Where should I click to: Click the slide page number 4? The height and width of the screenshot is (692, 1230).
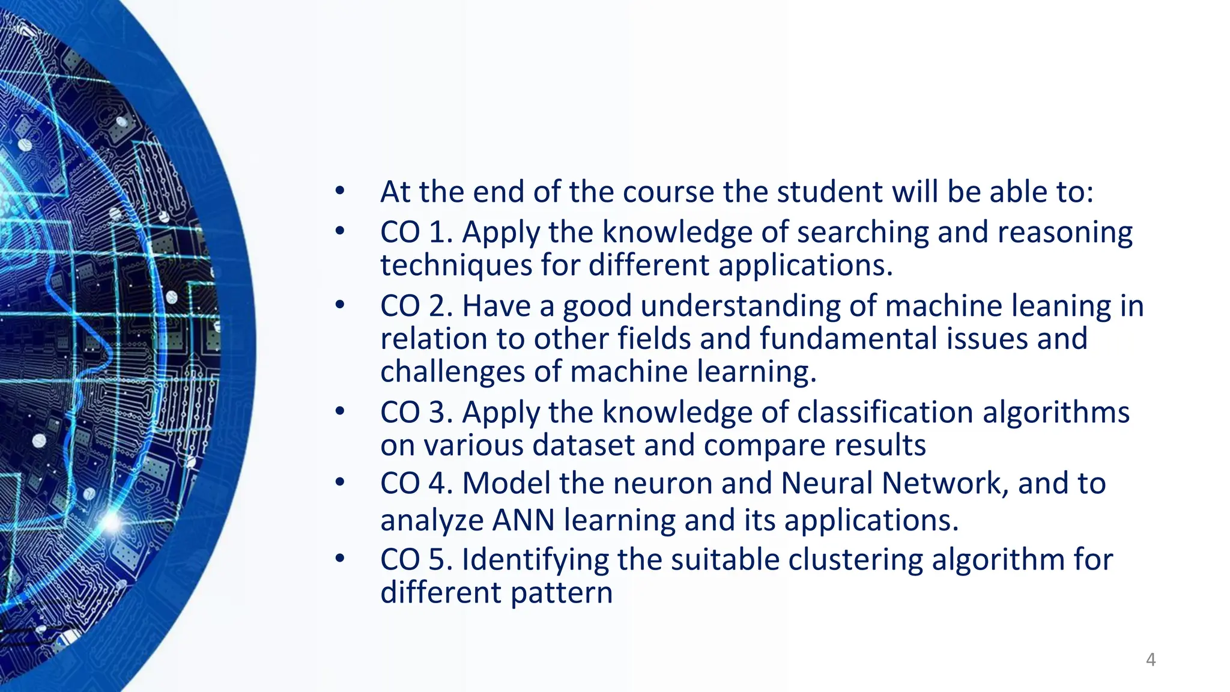(1150, 660)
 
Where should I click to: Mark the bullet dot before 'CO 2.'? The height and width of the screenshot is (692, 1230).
(340, 305)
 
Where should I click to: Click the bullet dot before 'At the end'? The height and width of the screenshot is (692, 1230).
(340, 191)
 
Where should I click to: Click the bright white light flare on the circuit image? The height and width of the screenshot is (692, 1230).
(111, 521)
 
